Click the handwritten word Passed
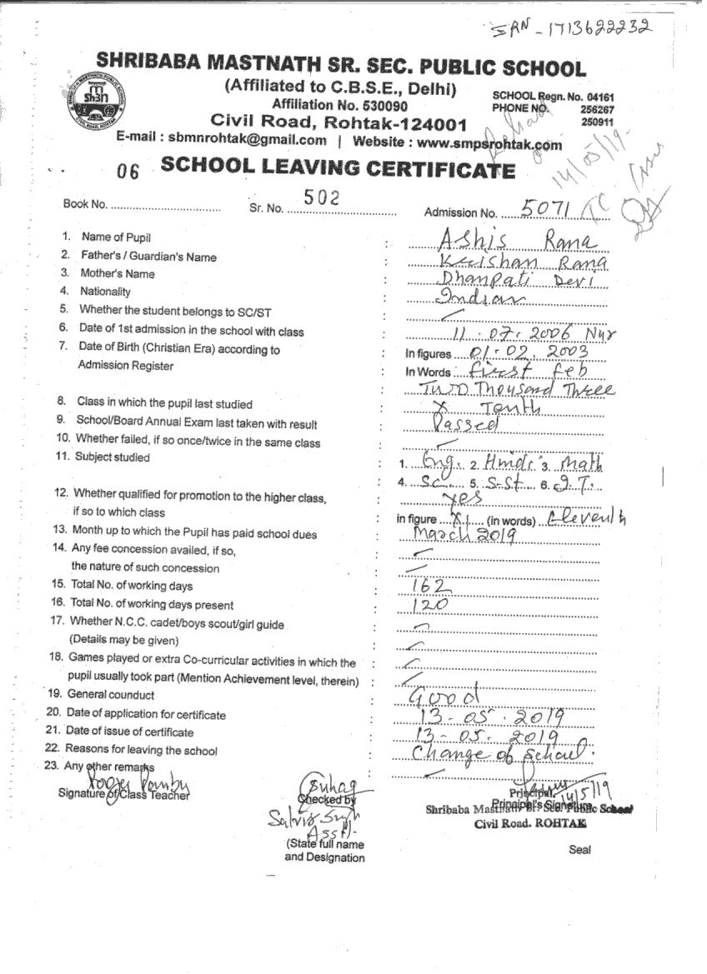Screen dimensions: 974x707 pyautogui.click(x=466, y=424)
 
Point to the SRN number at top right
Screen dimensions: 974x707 pyautogui.click(x=570, y=30)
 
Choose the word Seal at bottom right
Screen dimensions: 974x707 pyautogui.click(x=579, y=850)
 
